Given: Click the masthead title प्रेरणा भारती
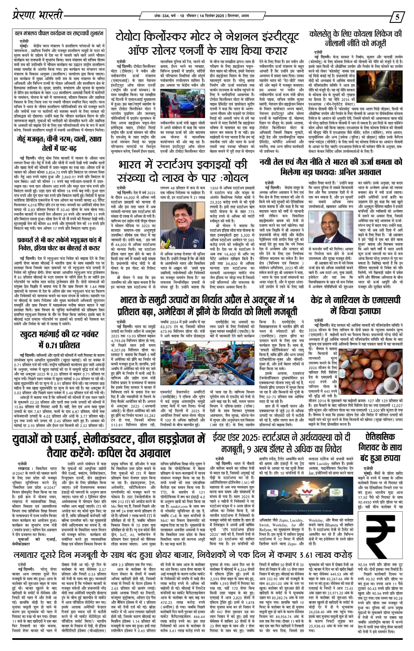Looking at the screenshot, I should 38,15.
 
